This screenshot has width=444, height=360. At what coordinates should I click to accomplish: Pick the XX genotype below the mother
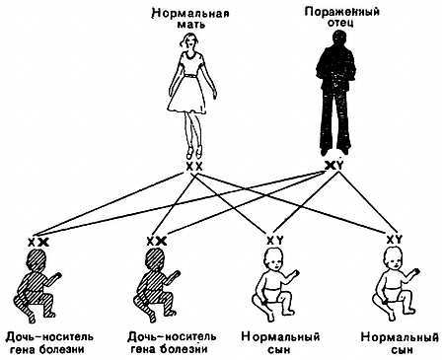(x=194, y=167)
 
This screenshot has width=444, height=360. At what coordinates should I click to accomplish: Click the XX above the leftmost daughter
(x=38, y=241)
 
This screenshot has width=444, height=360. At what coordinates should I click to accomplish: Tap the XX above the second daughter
(x=155, y=241)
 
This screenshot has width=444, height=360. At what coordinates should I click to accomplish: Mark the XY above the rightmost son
(x=393, y=240)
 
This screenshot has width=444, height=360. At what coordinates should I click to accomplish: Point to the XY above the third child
(x=276, y=241)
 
